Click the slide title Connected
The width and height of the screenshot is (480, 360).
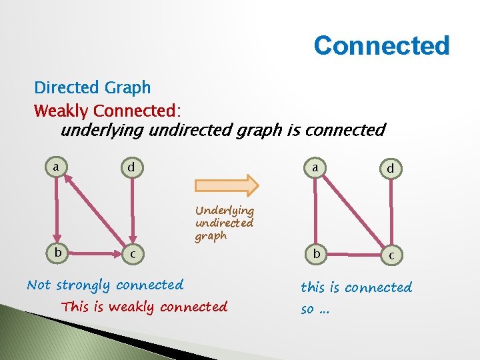[381, 46]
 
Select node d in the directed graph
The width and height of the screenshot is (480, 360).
[132, 167]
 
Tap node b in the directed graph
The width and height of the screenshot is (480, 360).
[59, 253]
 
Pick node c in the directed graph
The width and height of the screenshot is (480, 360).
[133, 254]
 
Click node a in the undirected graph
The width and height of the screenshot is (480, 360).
[315, 169]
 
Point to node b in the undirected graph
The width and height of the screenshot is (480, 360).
[316, 254]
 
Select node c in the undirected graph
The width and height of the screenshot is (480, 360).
[391, 255]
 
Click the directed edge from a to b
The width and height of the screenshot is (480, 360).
[57, 210]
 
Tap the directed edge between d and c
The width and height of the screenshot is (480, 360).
[133, 210]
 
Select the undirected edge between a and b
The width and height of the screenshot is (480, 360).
[315, 212]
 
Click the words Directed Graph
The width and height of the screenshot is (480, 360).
[93, 87]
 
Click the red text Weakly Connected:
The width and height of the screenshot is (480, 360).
[108, 109]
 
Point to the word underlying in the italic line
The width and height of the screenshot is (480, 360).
[103, 130]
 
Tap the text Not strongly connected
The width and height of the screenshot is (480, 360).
[105, 285]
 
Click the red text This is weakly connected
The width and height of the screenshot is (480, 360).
[145, 307]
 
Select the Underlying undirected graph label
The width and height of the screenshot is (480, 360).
[225, 223]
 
